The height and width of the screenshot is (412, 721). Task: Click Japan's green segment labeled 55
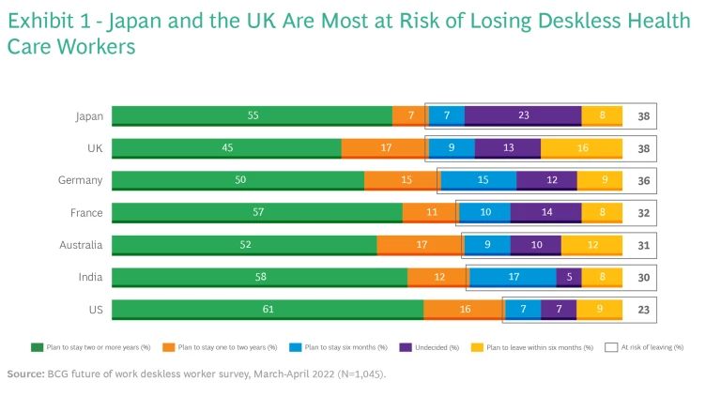point(252,115)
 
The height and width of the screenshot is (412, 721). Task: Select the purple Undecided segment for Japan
point(523,115)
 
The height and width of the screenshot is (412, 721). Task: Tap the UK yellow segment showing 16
point(581,147)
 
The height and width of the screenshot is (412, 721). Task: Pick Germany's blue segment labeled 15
point(478,180)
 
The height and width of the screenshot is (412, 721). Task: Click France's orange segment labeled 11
point(431,212)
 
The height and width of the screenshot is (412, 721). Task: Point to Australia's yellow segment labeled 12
point(591,245)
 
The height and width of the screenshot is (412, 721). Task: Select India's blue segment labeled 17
point(512,277)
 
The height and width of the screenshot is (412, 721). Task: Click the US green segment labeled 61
point(267,310)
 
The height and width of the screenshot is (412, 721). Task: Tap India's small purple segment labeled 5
point(569,277)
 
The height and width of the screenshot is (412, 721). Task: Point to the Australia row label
point(83,245)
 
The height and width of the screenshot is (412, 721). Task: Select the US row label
point(96,310)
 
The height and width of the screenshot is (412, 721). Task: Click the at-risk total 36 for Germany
point(642,180)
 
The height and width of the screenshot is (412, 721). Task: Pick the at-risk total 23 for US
point(642,310)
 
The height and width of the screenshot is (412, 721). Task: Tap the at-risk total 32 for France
point(642,212)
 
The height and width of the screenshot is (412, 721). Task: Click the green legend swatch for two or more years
point(38,347)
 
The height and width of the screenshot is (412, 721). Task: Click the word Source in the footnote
point(24,374)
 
